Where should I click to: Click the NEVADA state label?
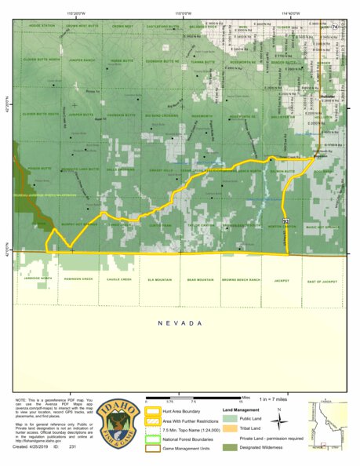(x=180, y=323)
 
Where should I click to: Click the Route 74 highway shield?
(x=333, y=27)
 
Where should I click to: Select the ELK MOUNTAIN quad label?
(x=160, y=280)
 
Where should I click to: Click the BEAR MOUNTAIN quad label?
(x=200, y=280)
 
